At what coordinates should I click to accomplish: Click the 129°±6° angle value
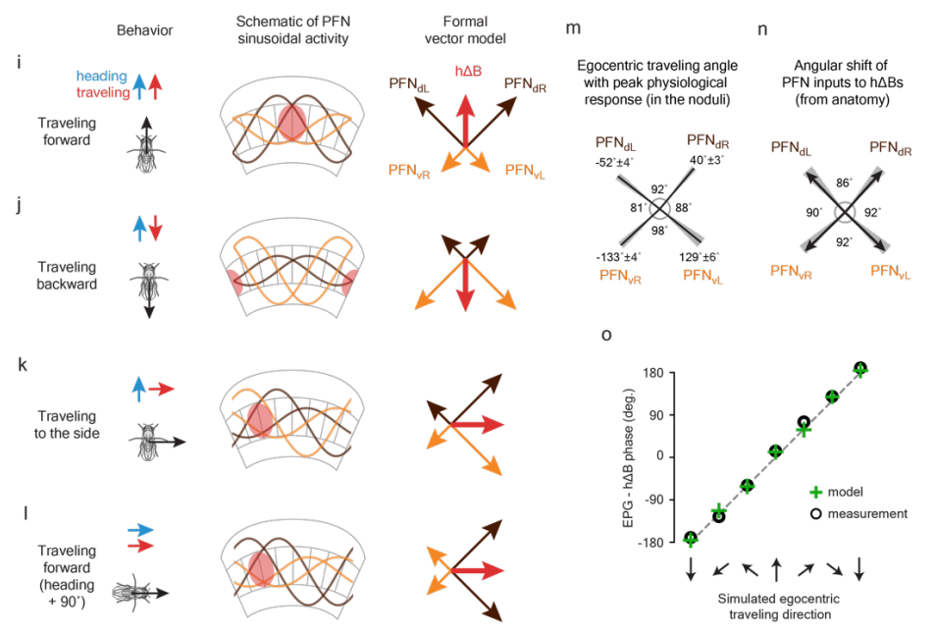coord(703,257)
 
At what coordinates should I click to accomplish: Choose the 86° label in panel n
coord(842,183)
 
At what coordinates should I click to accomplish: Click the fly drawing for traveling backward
coord(145,280)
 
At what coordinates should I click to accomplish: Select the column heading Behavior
coord(144,30)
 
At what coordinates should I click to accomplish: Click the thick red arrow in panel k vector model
coord(475,424)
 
